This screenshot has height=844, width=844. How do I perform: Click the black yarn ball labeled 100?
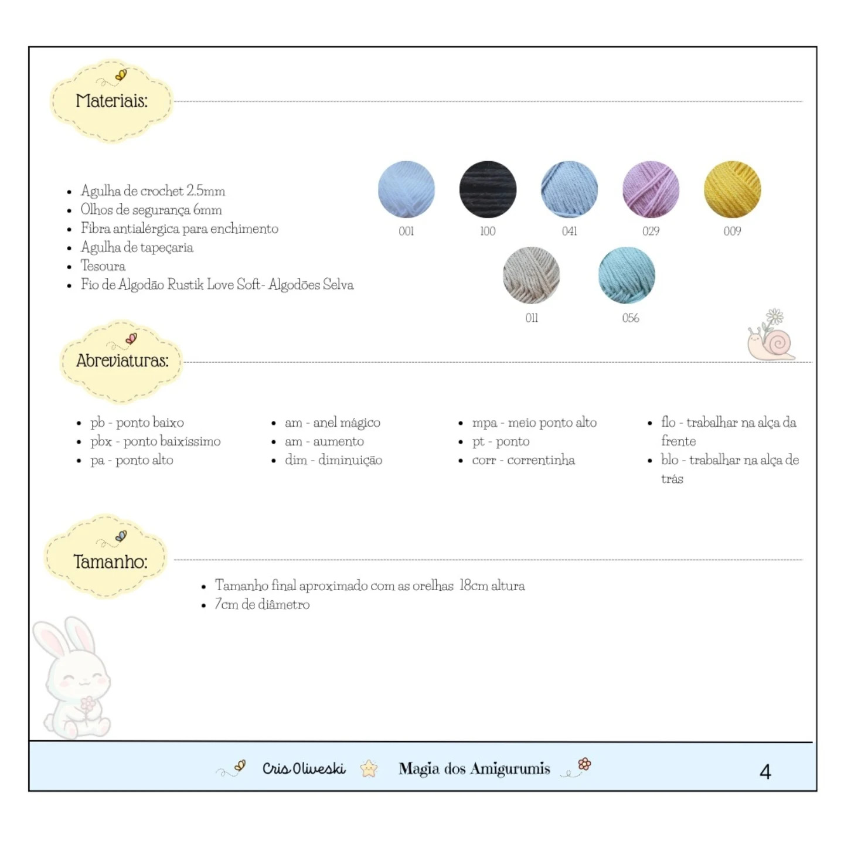(x=488, y=189)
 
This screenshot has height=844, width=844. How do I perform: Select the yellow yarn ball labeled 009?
(x=732, y=189)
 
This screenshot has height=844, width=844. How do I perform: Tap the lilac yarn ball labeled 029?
(x=651, y=189)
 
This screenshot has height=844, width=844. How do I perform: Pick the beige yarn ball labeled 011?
(x=531, y=275)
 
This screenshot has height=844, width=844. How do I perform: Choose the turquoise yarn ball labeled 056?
(x=627, y=275)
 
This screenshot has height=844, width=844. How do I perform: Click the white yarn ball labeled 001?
(x=406, y=189)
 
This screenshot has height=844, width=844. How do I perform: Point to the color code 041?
(x=569, y=232)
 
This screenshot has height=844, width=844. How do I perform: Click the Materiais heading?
(x=112, y=101)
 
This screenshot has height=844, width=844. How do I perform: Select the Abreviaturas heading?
(x=122, y=360)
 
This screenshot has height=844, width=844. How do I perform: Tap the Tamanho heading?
(x=110, y=561)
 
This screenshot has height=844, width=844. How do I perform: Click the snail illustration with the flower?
(x=771, y=335)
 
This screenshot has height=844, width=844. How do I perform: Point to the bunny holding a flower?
(x=72, y=678)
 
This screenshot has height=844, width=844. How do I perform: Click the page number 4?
(x=765, y=772)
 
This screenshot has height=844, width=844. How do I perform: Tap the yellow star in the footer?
(x=369, y=768)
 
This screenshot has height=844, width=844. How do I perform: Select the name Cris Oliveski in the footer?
(x=304, y=768)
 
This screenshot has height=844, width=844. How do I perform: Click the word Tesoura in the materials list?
(x=103, y=266)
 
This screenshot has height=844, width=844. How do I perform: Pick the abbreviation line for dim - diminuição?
(x=333, y=460)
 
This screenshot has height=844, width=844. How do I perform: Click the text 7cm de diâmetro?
(x=262, y=604)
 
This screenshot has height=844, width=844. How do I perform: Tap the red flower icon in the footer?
(x=584, y=764)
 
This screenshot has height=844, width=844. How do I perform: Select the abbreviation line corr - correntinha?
(x=523, y=460)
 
